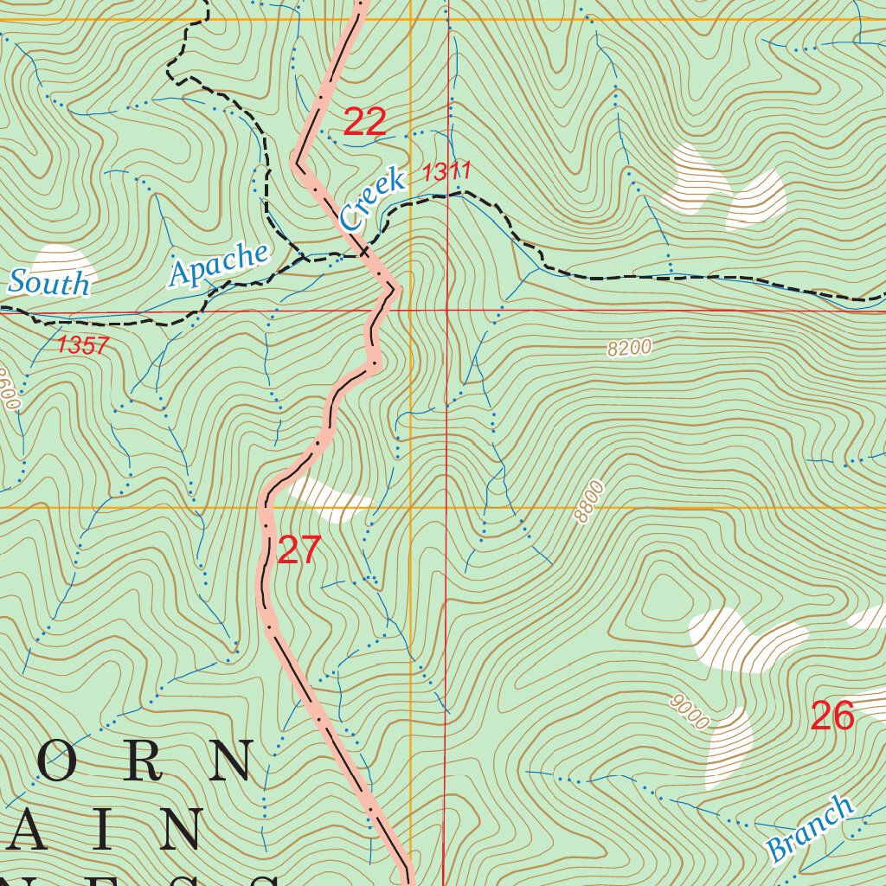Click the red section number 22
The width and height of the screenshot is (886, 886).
point(364,122)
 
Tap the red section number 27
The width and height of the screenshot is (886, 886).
point(299,551)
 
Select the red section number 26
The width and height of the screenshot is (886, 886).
point(832,716)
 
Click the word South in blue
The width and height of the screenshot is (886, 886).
point(49,283)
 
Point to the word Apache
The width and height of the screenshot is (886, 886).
point(219,263)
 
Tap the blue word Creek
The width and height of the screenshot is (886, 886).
point(373,200)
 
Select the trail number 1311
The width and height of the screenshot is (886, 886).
point(446,172)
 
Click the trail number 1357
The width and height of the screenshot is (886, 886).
point(83,346)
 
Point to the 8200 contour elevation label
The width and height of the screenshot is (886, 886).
point(629,348)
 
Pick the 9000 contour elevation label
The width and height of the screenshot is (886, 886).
point(690,711)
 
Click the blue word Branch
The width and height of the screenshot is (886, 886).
point(809,828)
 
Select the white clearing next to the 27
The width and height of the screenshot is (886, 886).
point(329,498)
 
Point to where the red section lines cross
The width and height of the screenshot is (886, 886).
point(446,310)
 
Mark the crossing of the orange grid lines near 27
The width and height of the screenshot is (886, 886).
point(410,507)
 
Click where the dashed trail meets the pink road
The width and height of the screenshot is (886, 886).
point(367,254)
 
